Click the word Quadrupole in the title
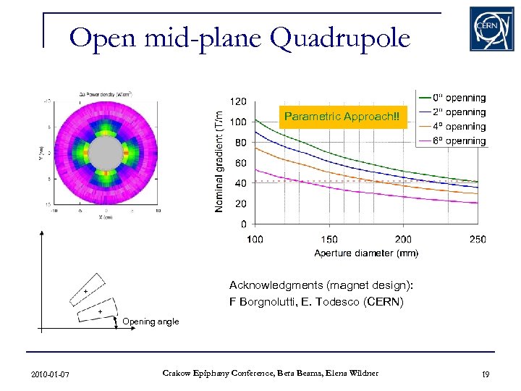(339, 37)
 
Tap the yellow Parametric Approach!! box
(346, 117)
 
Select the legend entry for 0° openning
(459, 98)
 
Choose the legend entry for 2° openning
(459, 112)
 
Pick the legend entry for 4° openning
(459, 127)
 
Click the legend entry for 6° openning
(459, 140)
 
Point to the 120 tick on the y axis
(238, 101)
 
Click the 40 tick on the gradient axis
(240, 183)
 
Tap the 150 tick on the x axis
(329, 239)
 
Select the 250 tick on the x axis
(477, 239)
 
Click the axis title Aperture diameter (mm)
(366, 253)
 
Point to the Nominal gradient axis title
(219, 161)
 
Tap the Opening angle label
(151, 321)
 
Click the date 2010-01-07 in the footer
(51, 374)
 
